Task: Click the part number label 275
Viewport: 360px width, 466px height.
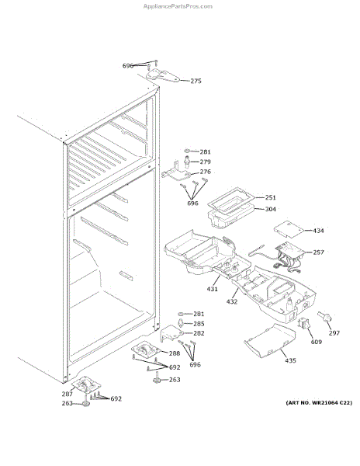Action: (196, 81)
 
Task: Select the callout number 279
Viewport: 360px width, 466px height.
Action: (205, 162)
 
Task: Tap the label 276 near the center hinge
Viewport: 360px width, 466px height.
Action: (205, 172)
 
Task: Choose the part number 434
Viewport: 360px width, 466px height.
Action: (318, 231)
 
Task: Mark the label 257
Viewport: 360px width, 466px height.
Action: (318, 252)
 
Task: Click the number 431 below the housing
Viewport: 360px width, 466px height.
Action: (213, 289)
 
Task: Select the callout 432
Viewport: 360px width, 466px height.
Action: (232, 301)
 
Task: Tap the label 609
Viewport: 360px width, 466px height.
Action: (316, 342)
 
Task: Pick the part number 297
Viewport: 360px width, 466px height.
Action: (334, 333)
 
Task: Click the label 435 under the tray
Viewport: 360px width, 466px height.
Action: (290, 360)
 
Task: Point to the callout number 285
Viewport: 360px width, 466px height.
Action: (199, 323)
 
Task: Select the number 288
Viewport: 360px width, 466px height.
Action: (175, 353)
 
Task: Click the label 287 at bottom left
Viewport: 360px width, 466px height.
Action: (67, 394)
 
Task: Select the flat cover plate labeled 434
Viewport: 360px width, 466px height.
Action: (287, 228)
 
